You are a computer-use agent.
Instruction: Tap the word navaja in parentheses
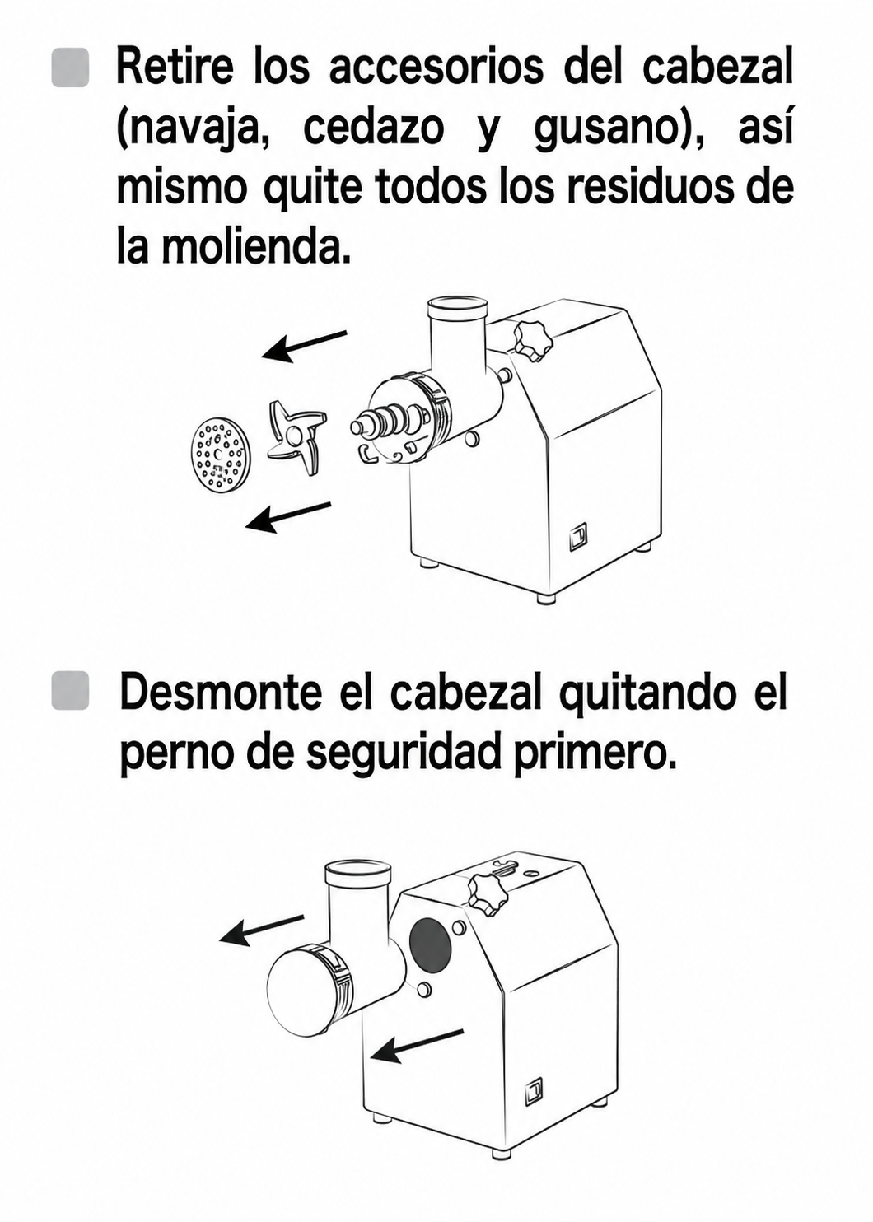[x=193, y=132]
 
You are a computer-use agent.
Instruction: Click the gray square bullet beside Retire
[x=70, y=68]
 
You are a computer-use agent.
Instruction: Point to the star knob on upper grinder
[x=531, y=341]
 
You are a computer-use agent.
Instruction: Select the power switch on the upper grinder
[x=580, y=538]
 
